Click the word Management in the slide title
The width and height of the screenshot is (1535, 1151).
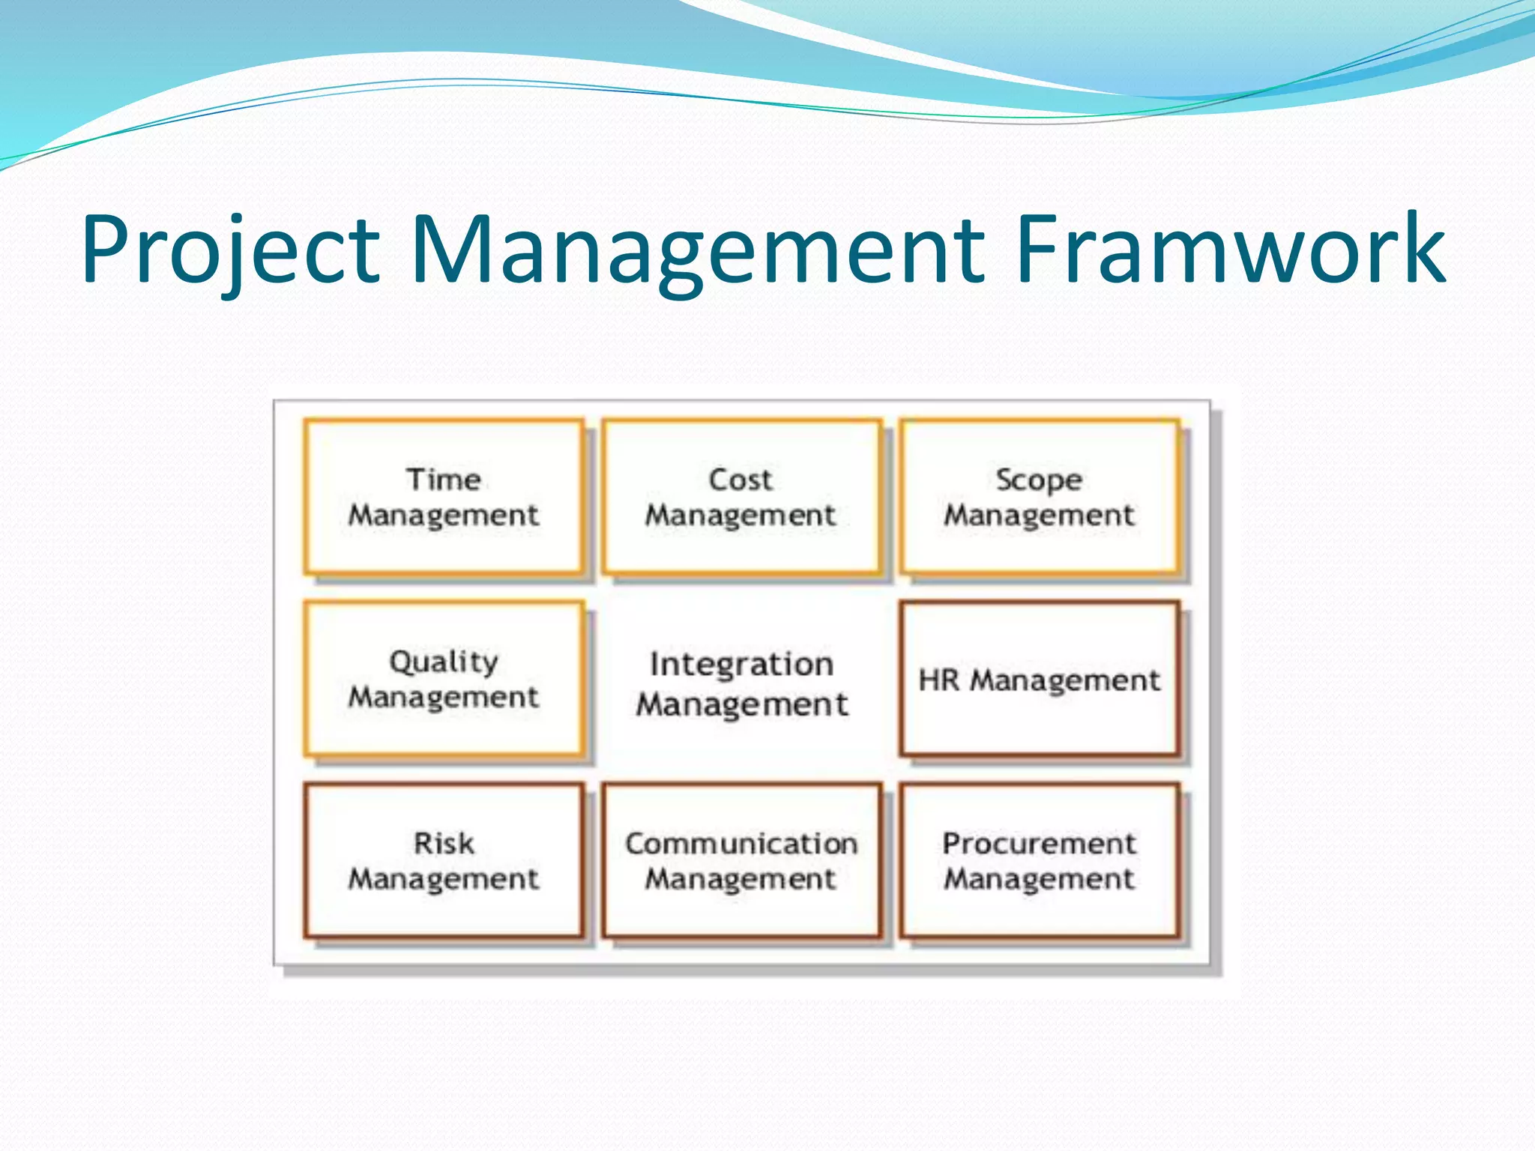[697, 251]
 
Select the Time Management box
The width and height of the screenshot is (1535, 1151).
[444, 497]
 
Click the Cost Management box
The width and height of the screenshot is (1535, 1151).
[741, 497]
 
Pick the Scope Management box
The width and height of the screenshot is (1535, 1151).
[1040, 497]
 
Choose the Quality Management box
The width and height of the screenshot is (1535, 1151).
[444, 679]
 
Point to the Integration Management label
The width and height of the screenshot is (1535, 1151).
[741, 683]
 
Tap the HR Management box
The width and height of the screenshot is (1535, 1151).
[1040, 679]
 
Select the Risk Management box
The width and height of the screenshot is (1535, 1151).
[444, 861]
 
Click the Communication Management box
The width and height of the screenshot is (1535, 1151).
[741, 861]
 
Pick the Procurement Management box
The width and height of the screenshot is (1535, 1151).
[1040, 861]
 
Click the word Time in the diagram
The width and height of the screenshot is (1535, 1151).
[444, 480]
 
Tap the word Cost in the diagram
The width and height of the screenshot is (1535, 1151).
[741, 480]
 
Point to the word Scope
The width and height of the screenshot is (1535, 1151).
[1039, 480]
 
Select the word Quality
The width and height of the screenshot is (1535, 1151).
[444, 662]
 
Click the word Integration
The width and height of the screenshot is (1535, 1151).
[741, 664]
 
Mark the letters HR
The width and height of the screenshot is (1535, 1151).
[938, 680]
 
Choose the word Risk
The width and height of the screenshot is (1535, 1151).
[444, 844]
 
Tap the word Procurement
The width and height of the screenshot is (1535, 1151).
[1040, 844]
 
